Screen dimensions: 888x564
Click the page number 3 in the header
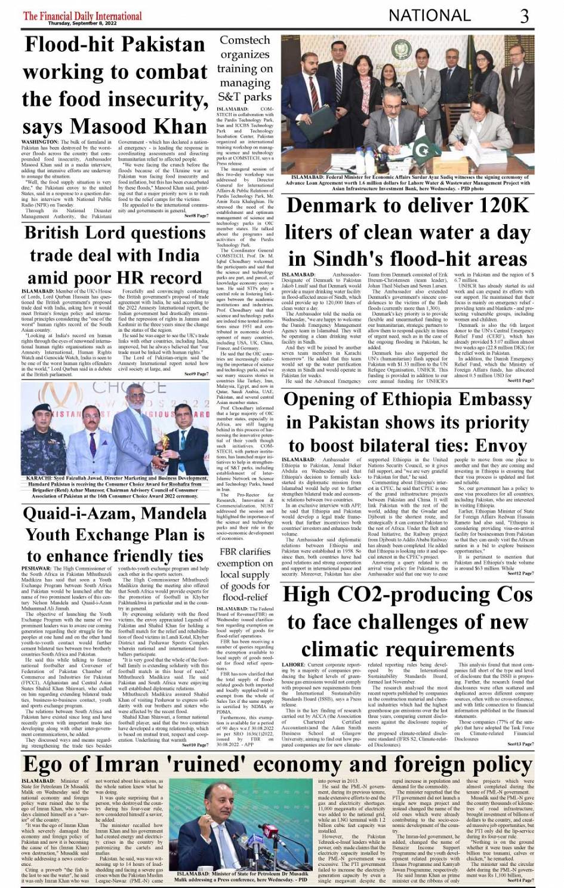pyautogui.click(x=524, y=16)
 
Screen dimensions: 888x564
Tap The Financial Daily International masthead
pyautogui.click(x=82, y=16)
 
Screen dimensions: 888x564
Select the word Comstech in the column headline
pyautogui.click(x=244, y=41)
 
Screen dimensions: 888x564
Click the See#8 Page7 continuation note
pyautogui.click(x=196, y=215)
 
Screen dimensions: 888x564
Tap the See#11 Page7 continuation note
pyautogui.click(x=520, y=381)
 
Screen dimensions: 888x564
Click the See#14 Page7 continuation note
pyautogui.click(x=520, y=880)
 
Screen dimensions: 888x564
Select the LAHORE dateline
pyautogui.click(x=294, y=665)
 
